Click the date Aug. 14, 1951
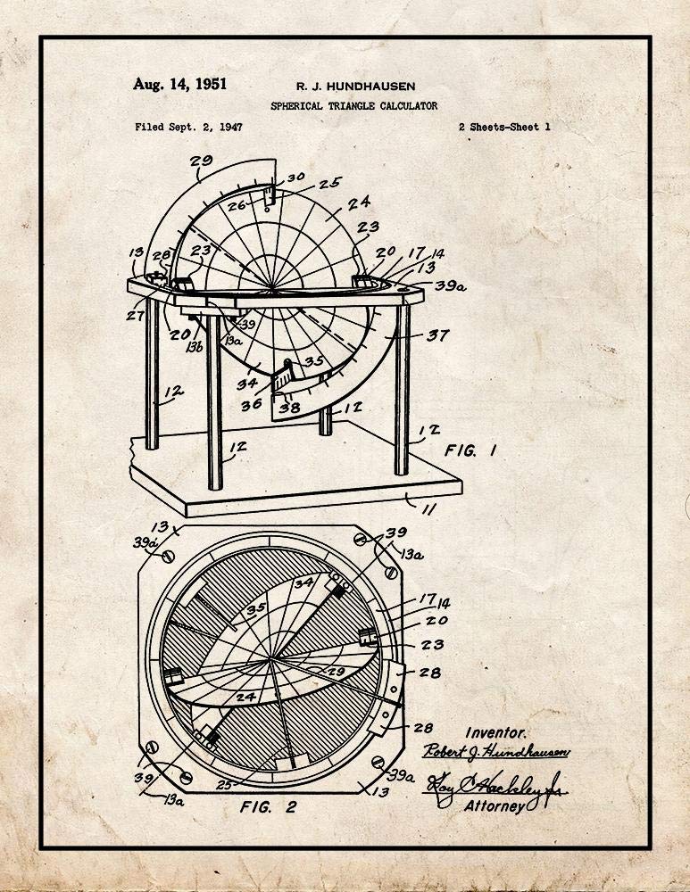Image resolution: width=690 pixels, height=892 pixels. (x=179, y=85)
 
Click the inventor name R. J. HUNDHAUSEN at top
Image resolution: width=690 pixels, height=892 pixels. (x=354, y=87)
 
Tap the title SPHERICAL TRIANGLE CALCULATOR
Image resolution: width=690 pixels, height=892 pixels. (x=354, y=106)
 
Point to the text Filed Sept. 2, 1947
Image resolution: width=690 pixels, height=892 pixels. (x=188, y=128)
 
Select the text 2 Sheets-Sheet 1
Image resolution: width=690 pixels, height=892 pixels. (x=503, y=128)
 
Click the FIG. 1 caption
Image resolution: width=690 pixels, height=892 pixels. (x=470, y=450)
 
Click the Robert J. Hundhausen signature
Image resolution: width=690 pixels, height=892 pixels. (x=496, y=751)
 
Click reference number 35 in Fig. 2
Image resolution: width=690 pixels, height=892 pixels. (x=232, y=611)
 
